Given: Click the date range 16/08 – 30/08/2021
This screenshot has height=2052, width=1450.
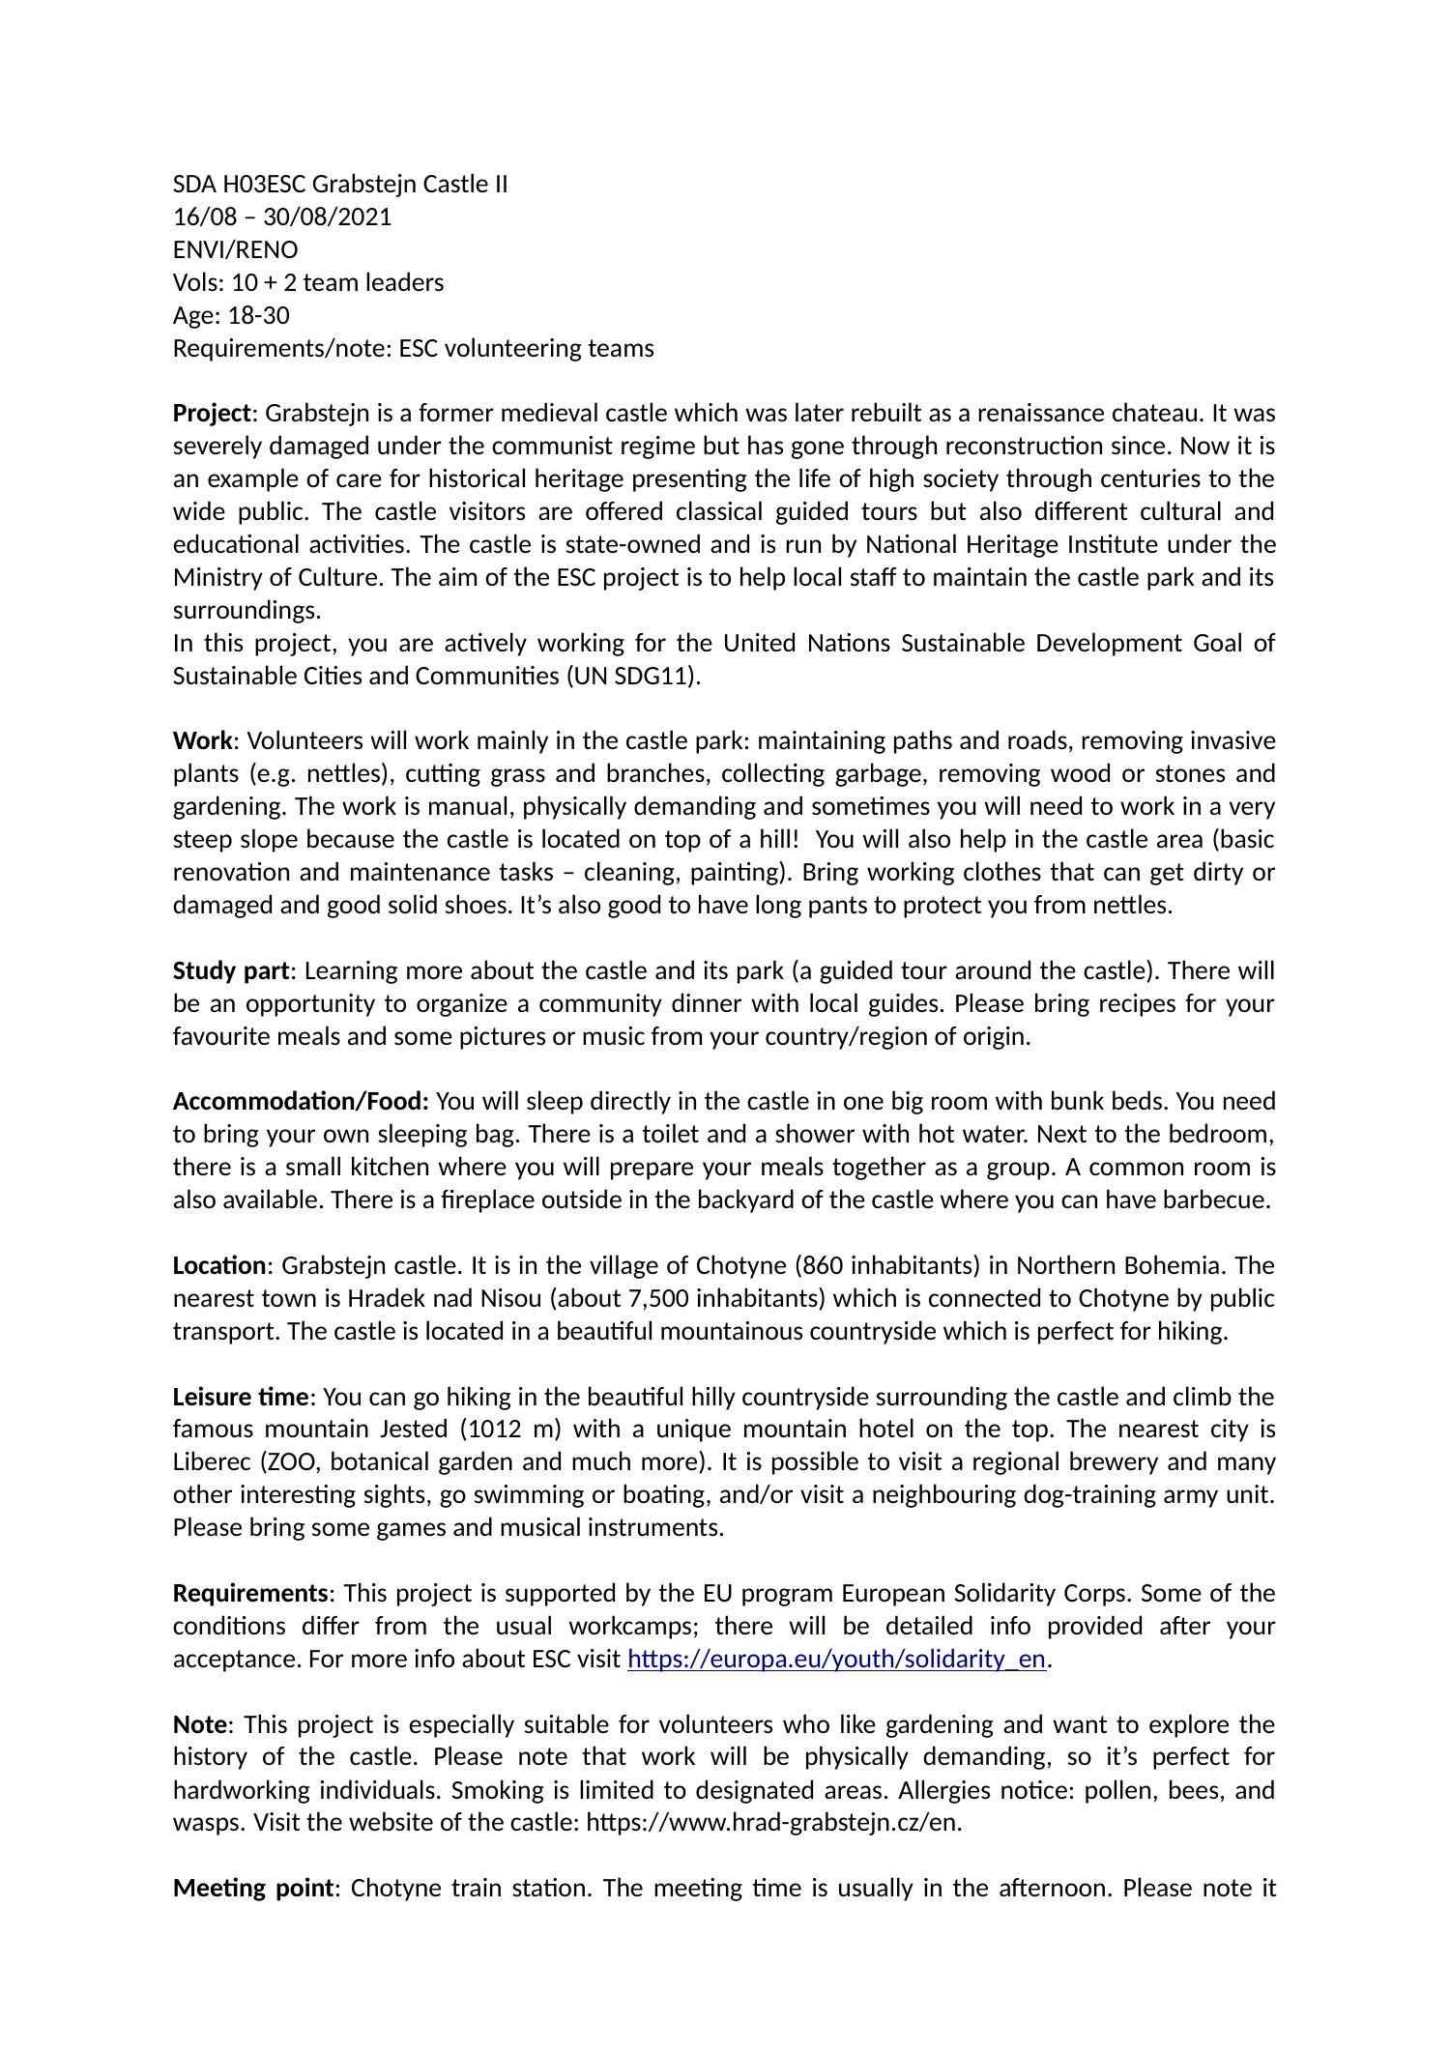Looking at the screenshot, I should [x=282, y=217].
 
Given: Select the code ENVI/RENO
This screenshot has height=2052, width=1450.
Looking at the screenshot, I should [x=235, y=249].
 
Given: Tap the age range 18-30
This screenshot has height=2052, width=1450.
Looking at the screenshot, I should [x=258, y=315].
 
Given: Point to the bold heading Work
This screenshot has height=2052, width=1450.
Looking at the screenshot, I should [x=202, y=741].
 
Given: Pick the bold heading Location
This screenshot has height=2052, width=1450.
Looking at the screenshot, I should [x=219, y=1266].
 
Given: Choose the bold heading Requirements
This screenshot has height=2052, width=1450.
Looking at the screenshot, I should [x=250, y=1593].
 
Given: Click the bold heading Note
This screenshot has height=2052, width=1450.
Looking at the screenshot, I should [x=200, y=1724].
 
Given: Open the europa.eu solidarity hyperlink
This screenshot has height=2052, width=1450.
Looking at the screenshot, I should [x=836, y=1660].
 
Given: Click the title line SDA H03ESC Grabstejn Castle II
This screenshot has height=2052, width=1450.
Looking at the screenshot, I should [x=340, y=184].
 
